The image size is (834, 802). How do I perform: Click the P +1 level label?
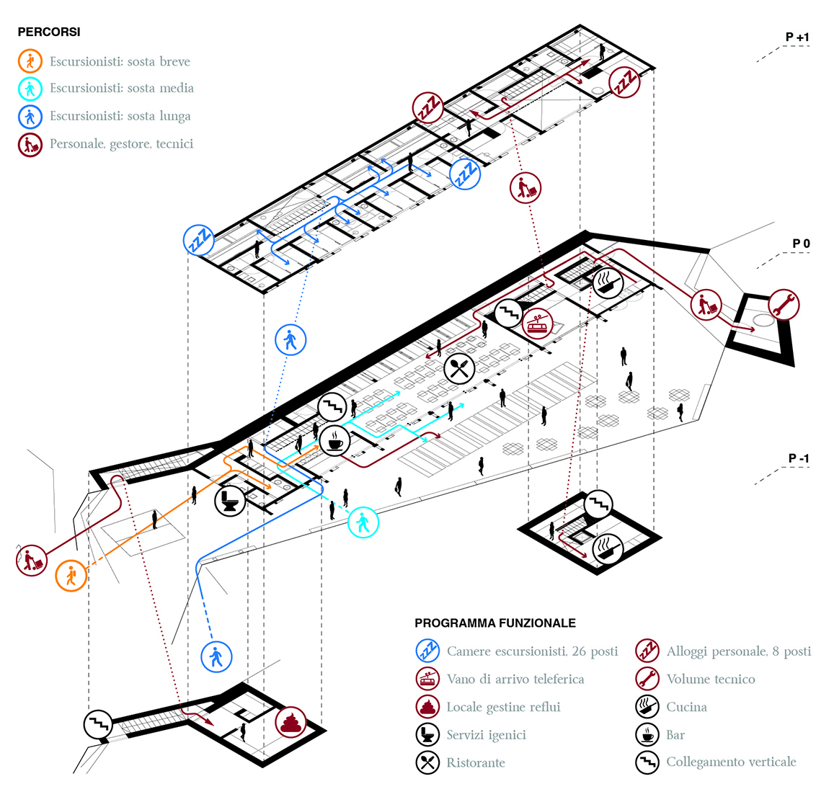(x=797, y=37)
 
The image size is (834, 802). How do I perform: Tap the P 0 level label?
(x=801, y=244)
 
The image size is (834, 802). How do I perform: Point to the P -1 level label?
(x=798, y=458)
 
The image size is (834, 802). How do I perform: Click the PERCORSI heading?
(x=49, y=32)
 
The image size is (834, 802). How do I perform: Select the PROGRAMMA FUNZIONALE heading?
(x=495, y=623)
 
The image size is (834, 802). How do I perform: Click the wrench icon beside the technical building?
(x=784, y=305)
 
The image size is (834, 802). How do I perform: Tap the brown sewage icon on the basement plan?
(x=290, y=721)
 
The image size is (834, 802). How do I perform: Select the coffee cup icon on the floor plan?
(x=334, y=439)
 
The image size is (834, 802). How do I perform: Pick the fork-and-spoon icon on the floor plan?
(x=459, y=370)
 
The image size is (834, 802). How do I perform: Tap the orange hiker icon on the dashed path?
(x=71, y=576)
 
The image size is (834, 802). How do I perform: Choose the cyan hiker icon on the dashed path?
(x=363, y=522)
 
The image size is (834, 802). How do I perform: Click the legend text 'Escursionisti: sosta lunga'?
(x=120, y=116)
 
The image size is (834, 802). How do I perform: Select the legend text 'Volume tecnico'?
(x=710, y=679)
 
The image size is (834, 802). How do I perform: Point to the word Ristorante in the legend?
(x=476, y=762)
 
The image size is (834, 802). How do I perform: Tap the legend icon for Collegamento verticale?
(x=647, y=762)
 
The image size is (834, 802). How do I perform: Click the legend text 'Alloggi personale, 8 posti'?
(x=738, y=651)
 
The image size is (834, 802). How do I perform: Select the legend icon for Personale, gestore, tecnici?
(x=30, y=144)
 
